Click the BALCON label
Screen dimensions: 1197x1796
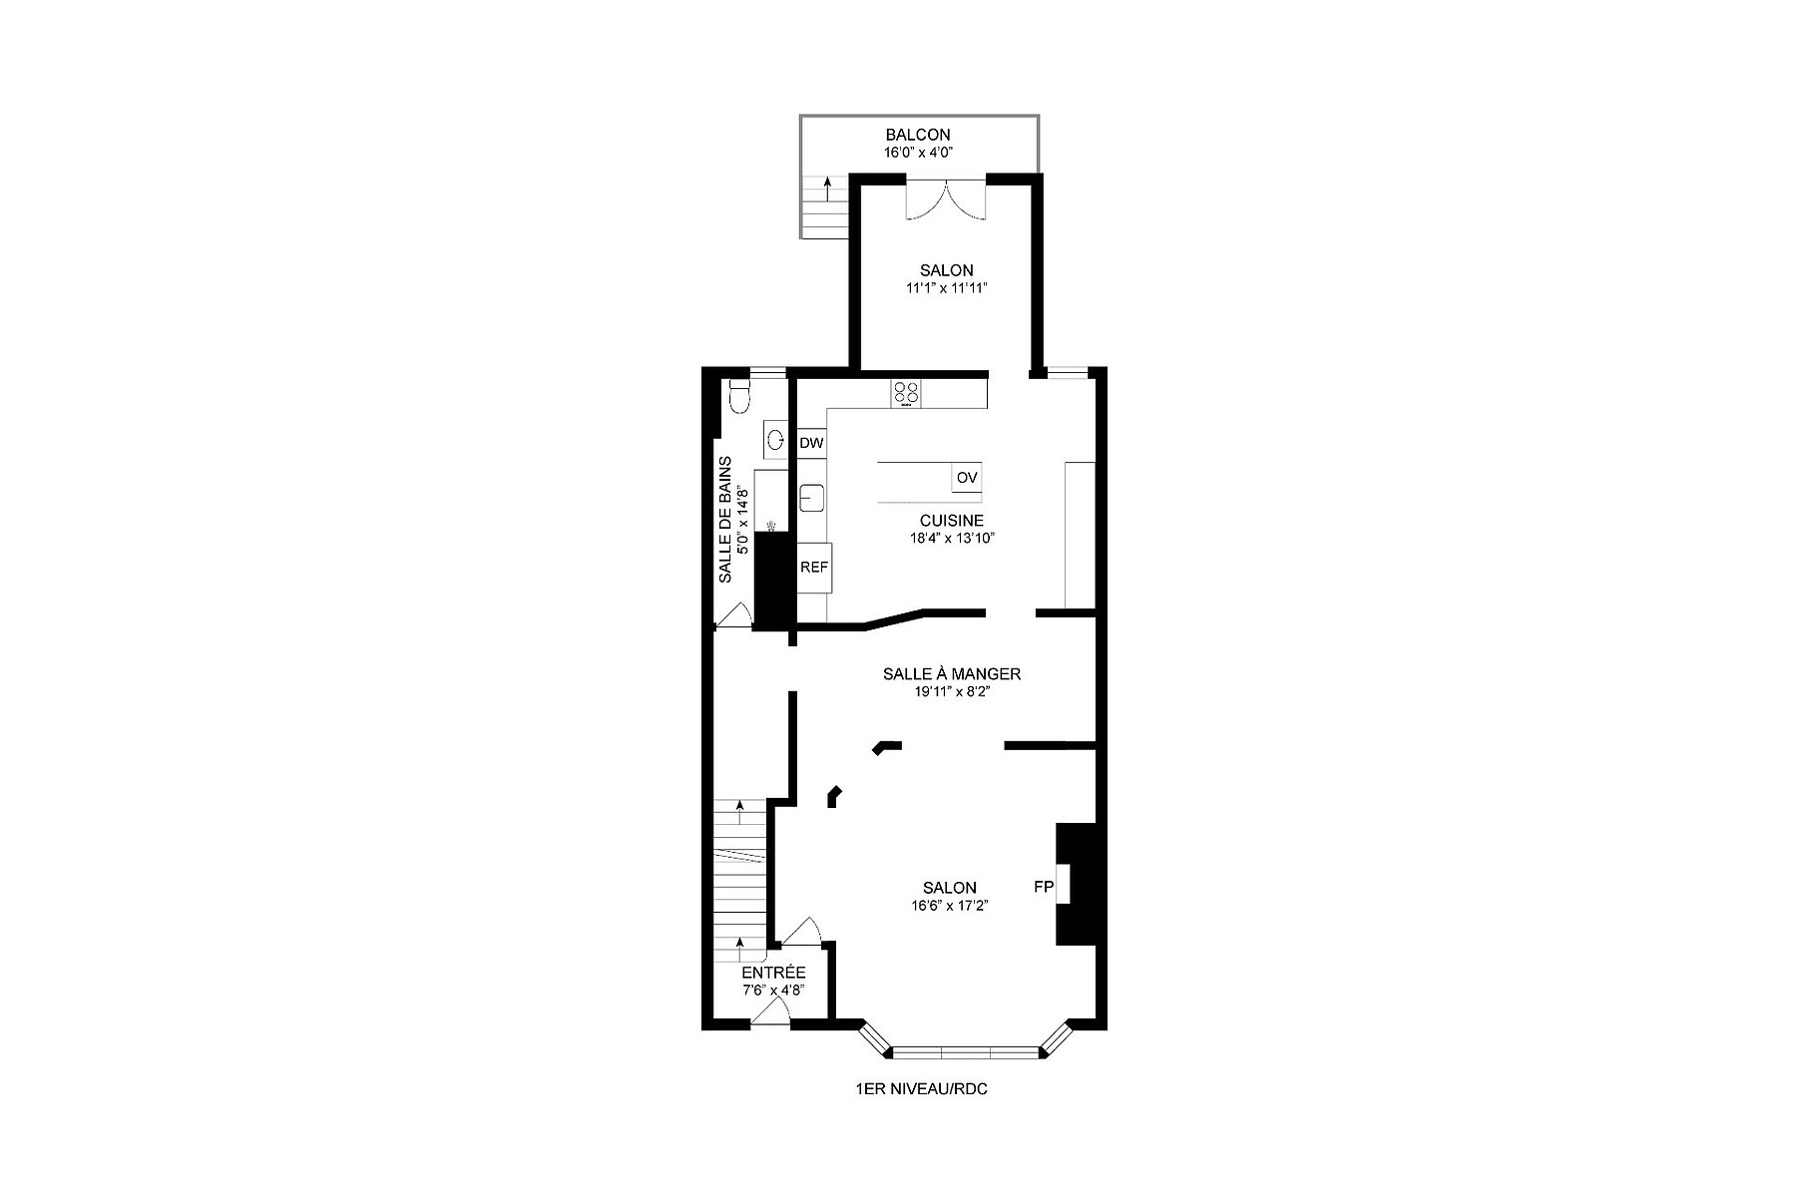[x=918, y=135]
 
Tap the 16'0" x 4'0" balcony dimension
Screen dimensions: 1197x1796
[x=917, y=154]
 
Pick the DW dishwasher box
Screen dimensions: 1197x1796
[x=811, y=443]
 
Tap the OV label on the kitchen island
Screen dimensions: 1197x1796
[x=966, y=479]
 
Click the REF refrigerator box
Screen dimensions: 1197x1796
[x=814, y=567]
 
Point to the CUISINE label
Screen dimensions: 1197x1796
[x=951, y=521]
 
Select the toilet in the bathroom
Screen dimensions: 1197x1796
[x=739, y=396]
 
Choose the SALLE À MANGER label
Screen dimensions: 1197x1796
[x=951, y=674]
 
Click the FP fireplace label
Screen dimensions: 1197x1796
[x=1044, y=886]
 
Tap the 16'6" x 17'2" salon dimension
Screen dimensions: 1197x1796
[x=949, y=906]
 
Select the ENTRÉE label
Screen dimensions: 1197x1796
[x=773, y=973]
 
